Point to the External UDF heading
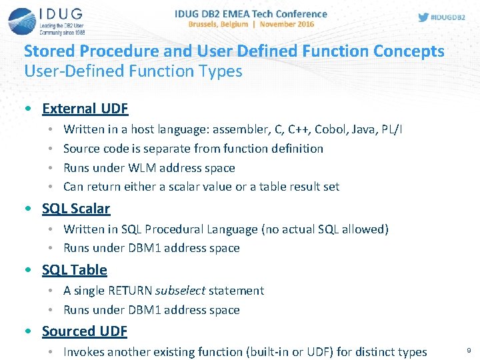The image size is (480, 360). pyautogui.click(x=85, y=108)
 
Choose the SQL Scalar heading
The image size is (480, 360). pyautogui.click(x=75, y=209)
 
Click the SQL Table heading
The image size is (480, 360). pyautogui.click(x=74, y=270)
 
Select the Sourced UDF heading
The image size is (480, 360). pyautogui.click(x=84, y=331)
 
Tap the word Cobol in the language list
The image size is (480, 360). pyautogui.click(x=331, y=129)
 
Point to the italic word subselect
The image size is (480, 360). pyautogui.click(x=180, y=291)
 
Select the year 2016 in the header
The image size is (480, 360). pyautogui.click(x=303, y=24)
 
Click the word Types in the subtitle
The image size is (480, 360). pyautogui.click(x=220, y=71)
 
